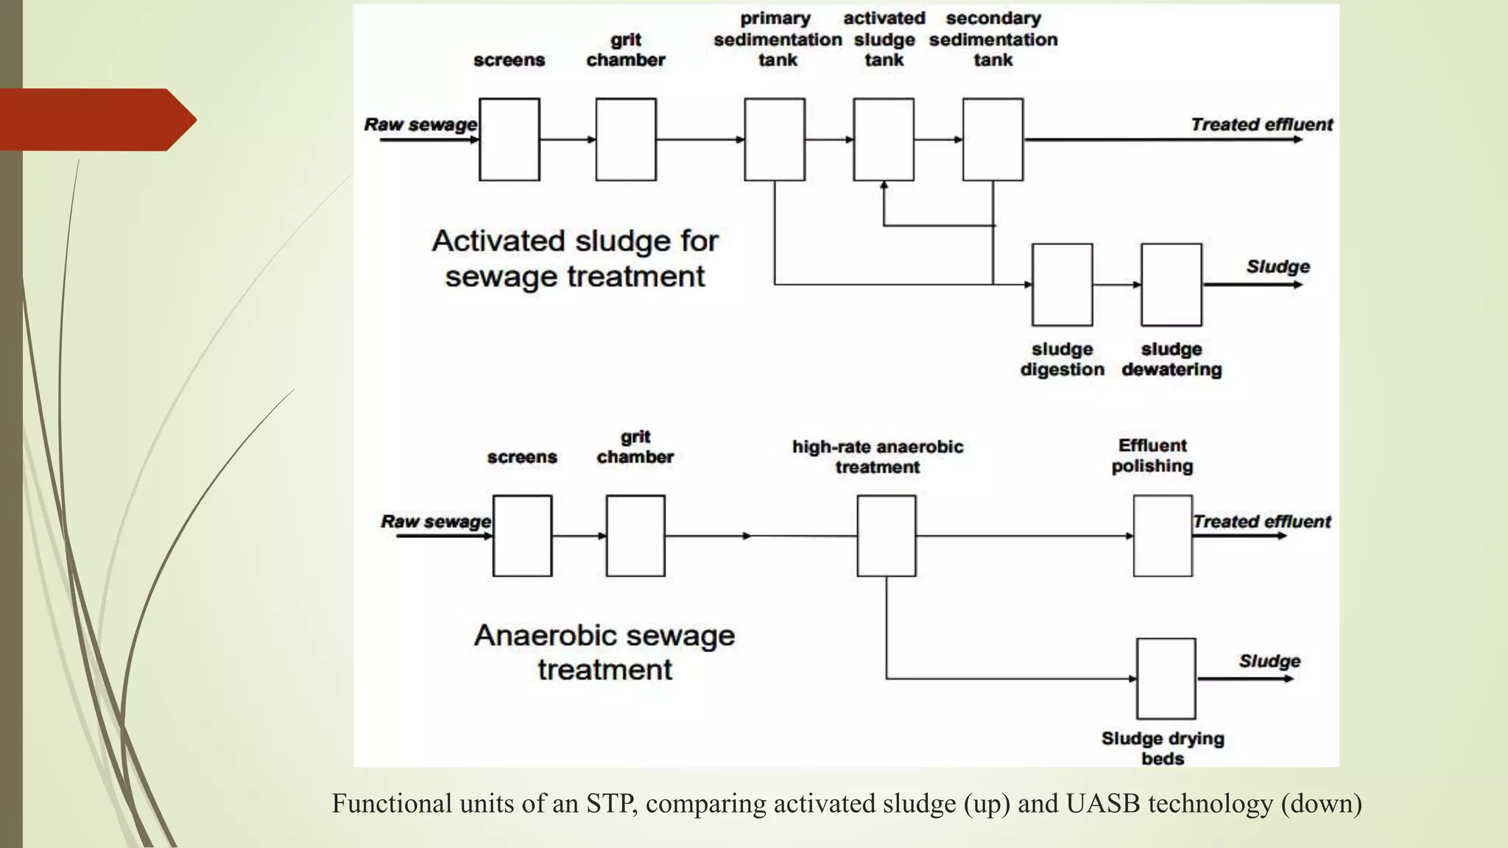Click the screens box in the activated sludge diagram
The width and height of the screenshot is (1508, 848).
click(509, 139)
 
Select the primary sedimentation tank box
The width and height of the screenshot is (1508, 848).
click(774, 139)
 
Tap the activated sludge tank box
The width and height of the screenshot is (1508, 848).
click(883, 139)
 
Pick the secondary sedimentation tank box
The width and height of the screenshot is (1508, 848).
click(992, 139)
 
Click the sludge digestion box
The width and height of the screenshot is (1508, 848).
click(1062, 285)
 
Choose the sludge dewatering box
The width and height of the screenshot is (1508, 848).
click(1171, 285)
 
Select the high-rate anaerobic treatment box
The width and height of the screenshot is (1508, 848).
click(886, 535)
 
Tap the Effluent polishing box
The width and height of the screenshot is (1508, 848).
click(1162, 535)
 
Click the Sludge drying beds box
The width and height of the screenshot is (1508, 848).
click(1165, 678)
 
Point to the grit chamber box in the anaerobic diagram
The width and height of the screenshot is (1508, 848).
click(635, 535)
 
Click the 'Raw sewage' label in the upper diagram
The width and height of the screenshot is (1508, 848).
click(420, 124)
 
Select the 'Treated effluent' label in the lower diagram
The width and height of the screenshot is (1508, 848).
click(1261, 521)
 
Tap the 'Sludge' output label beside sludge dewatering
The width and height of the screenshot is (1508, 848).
click(1278, 266)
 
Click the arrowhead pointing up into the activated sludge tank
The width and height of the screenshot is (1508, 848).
click(884, 185)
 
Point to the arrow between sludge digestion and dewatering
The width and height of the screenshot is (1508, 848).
click(1116, 285)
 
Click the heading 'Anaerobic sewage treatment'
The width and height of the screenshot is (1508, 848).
click(604, 652)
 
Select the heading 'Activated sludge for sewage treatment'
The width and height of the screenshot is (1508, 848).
click(574, 258)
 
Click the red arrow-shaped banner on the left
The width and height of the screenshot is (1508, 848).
click(96, 119)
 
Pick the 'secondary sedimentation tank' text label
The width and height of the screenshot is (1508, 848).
click(993, 39)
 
